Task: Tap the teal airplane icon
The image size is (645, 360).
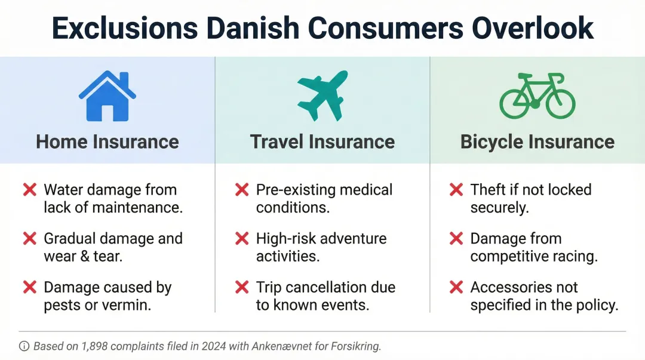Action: (322, 96)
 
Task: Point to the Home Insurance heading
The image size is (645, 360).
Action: (107, 141)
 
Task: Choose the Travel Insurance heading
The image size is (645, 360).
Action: (322, 141)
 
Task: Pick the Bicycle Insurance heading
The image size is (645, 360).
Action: (537, 141)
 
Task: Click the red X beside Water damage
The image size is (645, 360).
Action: (29, 190)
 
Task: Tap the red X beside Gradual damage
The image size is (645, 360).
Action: (29, 239)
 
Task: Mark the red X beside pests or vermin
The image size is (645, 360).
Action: (29, 287)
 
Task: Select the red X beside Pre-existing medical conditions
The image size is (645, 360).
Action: (242, 190)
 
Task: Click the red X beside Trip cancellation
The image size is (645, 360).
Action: (242, 287)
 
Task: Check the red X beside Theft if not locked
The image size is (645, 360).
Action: (456, 190)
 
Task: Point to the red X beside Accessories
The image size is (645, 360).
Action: (456, 287)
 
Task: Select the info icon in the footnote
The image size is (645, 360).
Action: (24, 346)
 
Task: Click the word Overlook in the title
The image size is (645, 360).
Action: (533, 28)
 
